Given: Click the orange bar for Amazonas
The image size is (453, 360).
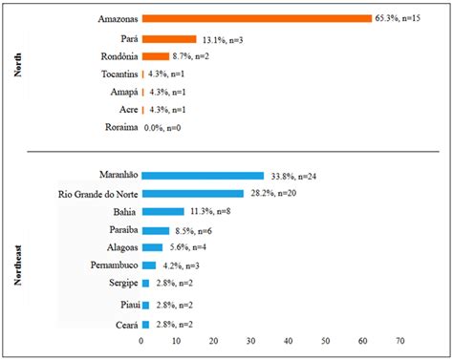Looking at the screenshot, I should (x=256, y=18).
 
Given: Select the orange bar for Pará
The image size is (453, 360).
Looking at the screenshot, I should (x=155, y=39).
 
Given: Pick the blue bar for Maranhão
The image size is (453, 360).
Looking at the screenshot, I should (x=203, y=175).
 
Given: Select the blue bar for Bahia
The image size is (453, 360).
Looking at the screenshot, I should (x=162, y=211).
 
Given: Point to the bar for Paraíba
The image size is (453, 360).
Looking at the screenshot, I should (x=157, y=230).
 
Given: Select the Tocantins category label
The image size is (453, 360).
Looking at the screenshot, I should (x=118, y=74).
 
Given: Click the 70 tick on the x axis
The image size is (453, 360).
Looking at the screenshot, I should (x=399, y=340).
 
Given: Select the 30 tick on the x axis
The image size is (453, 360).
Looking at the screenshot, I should (x=251, y=340).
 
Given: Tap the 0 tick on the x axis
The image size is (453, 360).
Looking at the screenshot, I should (x=141, y=340).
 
